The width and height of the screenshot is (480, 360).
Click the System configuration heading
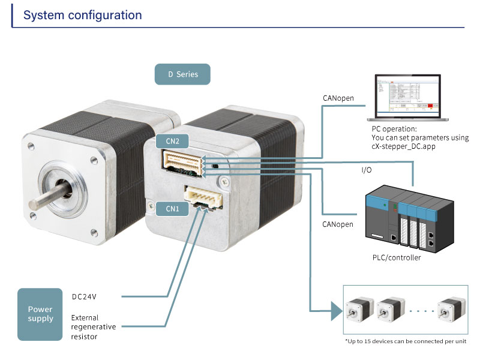pos(83,15)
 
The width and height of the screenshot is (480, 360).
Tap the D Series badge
pos(182,74)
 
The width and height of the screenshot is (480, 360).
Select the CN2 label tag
pos(164,142)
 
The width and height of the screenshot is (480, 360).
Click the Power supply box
pos(40,314)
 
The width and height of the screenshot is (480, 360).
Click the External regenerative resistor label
pos(93,327)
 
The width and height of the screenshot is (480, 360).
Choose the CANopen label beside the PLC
pos(338,224)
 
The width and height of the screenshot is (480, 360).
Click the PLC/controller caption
pos(397,258)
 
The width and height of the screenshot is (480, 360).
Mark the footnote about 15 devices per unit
pos(405,341)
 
